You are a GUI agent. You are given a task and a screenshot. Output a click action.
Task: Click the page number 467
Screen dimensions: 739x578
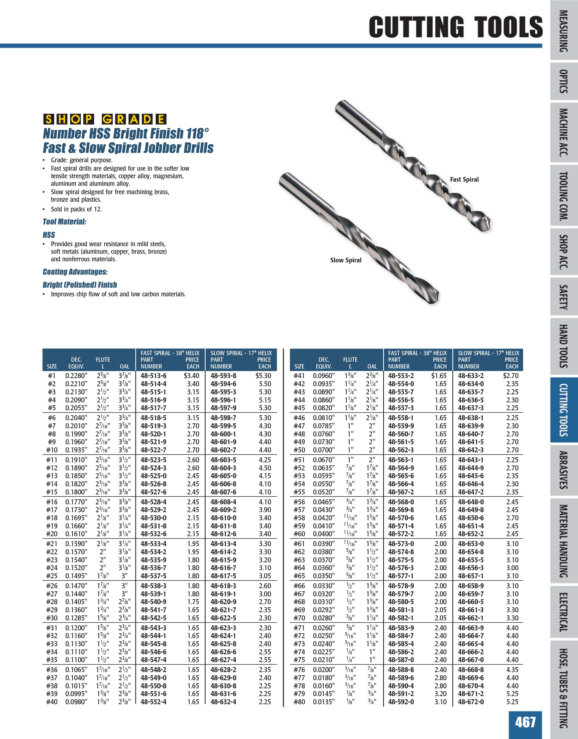pos(525,721)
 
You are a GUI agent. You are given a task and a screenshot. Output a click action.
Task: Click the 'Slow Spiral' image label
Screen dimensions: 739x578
pos(345,260)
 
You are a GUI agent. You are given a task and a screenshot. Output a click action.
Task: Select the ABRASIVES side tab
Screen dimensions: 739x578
pos(564,470)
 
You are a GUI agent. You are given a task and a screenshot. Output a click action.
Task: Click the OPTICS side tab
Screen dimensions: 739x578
pos(564,81)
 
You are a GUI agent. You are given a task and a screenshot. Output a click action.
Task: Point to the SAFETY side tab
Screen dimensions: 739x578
pos(564,297)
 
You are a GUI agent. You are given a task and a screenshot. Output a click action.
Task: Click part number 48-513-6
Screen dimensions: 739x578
pos(153,376)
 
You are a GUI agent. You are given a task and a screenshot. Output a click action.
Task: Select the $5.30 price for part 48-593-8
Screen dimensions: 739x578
pos(263,376)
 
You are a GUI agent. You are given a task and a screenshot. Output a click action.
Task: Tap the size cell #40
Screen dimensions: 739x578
pos(52,702)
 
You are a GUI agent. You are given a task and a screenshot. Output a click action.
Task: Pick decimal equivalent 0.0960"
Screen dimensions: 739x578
pos(323,376)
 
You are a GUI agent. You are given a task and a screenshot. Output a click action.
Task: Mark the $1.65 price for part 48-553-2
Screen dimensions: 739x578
pos(439,376)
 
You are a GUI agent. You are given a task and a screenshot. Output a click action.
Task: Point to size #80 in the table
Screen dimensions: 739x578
pos(299,702)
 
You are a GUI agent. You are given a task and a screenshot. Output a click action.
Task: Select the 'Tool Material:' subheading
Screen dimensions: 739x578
pos(64,222)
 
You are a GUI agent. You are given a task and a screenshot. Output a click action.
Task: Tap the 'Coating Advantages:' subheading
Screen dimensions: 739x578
pos(75,272)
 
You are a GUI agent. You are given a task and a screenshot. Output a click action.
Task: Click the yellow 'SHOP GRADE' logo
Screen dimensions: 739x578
pos(105,119)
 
